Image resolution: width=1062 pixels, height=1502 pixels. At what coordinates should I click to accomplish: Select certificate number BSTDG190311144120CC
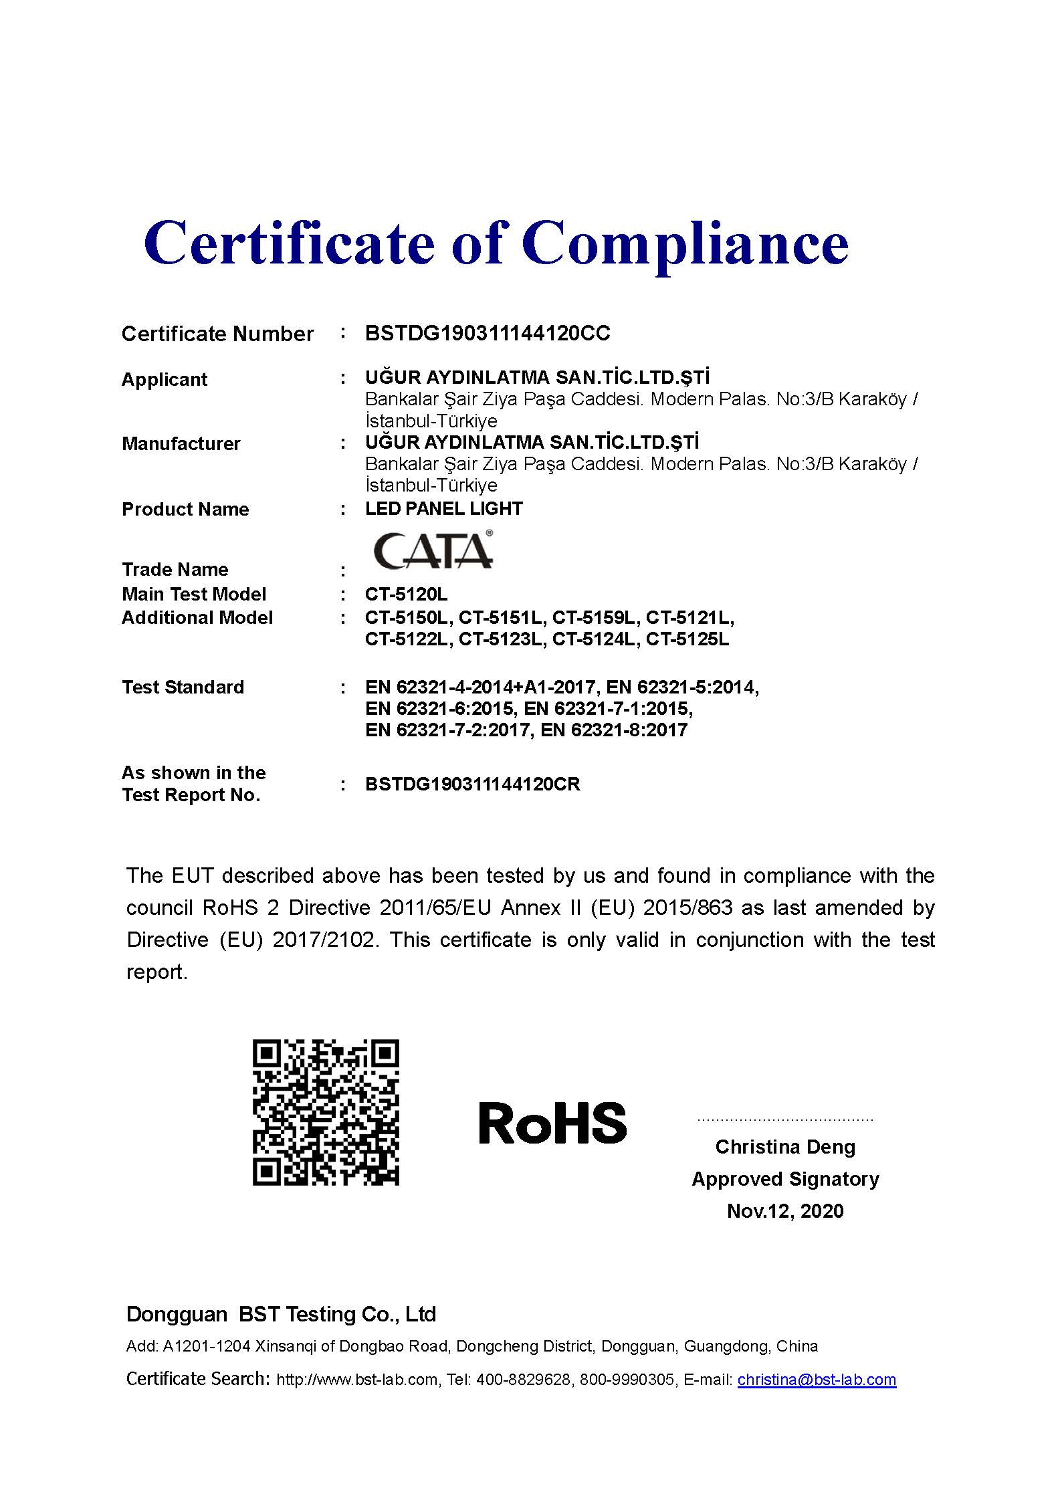click(x=488, y=333)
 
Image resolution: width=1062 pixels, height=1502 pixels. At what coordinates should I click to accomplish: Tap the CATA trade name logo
click(x=433, y=550)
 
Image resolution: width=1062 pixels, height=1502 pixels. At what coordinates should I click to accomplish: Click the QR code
click(x=326, y=1112)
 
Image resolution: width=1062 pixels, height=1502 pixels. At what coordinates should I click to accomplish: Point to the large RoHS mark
click(x=552, y=1123)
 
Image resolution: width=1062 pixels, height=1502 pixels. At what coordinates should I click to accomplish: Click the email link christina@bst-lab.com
click(x=817, y=1380)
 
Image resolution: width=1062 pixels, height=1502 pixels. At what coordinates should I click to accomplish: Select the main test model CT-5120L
click(x=406, y=594)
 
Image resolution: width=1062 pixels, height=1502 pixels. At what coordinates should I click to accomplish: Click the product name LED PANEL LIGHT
click(x=443, y=508)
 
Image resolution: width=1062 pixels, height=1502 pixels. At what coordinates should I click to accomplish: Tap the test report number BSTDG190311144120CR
click(x=472, y=784)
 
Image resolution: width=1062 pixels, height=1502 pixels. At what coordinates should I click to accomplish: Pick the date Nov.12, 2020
click(x=785, y=1210)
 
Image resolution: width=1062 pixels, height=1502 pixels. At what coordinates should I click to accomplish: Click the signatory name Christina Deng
click(x=785, y=1147)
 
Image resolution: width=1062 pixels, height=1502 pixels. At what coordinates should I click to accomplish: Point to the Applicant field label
click(x=165, y=379)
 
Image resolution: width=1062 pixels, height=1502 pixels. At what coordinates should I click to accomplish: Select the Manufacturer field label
click(x=181, y=443)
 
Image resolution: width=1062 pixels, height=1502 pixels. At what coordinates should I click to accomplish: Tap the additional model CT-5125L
click(x=687, y=639)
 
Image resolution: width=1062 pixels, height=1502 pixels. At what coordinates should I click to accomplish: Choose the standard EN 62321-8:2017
click(x=614, y=730)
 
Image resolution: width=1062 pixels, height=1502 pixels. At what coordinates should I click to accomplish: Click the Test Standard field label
click(x=183, y=687)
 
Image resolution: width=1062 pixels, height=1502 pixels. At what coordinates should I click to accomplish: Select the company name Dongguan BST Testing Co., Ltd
click(x=281, y=1314)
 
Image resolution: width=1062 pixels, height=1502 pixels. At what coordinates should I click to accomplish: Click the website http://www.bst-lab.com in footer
click(x=357, y=1380)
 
